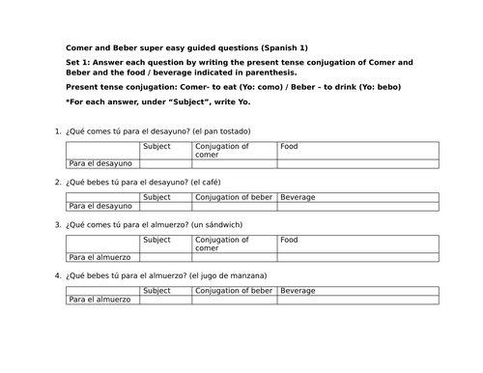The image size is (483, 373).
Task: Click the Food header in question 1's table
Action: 290,146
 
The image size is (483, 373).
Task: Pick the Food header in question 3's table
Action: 290,240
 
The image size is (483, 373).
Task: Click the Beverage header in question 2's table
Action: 298,196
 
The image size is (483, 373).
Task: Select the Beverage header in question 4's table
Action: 298,290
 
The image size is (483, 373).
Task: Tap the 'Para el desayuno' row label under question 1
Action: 99,164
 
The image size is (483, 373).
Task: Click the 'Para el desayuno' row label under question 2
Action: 99,206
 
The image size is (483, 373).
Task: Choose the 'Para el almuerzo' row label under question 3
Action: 99,258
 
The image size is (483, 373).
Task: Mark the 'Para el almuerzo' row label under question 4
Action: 99,300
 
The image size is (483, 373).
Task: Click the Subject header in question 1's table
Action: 156,146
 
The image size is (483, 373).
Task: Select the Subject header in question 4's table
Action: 156,290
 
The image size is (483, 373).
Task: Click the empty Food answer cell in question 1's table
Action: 357,164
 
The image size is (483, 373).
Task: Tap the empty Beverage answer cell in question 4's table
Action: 357,300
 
